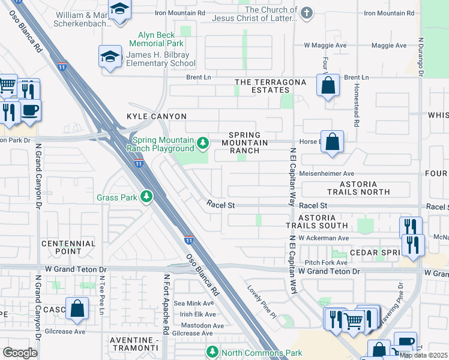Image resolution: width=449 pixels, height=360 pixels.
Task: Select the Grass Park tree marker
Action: [146, 197]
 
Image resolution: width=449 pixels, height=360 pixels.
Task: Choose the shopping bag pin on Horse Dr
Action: [332, 142]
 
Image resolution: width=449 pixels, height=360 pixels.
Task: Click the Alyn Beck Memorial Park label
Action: [157, 40]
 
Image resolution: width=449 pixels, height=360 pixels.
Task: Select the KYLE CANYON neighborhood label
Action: [157, 116]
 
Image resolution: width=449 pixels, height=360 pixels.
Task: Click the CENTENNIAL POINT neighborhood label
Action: [68, 247]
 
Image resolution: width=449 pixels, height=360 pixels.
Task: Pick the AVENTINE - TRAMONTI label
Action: [134, 344]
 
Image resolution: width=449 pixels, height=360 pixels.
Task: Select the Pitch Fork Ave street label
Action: [326, 263]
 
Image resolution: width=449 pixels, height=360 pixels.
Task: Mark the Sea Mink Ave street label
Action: [194, 304]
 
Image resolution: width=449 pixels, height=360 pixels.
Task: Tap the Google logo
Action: [20, 352]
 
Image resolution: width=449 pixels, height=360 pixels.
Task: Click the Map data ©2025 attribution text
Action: [423, 355]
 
